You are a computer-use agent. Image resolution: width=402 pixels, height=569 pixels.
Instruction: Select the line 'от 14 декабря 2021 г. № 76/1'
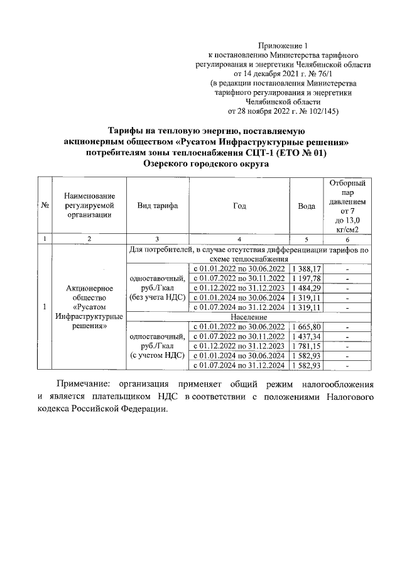click(284, 73)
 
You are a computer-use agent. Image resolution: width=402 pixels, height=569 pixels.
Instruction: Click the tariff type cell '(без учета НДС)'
click(158, 297)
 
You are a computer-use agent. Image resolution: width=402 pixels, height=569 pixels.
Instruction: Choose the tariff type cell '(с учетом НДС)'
click(158, 355)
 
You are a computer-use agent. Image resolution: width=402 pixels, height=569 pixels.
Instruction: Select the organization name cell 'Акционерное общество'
click(89, 292)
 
